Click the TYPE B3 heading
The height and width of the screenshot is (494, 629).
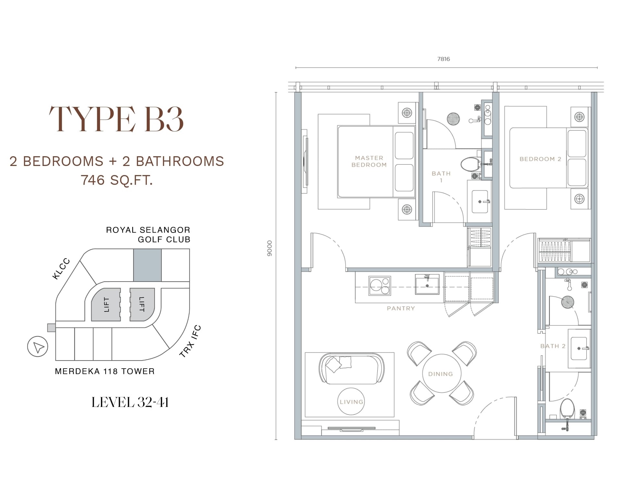116,119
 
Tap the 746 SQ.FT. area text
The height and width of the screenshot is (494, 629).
117,180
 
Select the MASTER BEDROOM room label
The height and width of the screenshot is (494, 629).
369,161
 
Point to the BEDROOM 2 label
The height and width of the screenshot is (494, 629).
540,159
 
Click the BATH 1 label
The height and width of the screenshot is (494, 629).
441,177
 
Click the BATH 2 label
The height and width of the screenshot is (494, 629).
553,346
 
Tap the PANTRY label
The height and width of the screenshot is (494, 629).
401,308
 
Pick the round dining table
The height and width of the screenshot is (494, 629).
440,374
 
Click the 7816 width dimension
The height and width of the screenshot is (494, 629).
444,59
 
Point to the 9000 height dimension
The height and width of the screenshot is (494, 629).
270,248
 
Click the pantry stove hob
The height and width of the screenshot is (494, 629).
380,286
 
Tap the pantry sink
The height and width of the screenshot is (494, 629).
427,284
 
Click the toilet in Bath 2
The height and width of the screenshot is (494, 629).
568,408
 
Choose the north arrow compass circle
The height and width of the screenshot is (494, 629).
38,347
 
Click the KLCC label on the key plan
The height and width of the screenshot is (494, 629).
61,269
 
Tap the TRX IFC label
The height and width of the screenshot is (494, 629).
190,341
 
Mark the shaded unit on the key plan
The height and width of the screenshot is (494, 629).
147,265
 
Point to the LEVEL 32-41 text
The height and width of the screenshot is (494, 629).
130,402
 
